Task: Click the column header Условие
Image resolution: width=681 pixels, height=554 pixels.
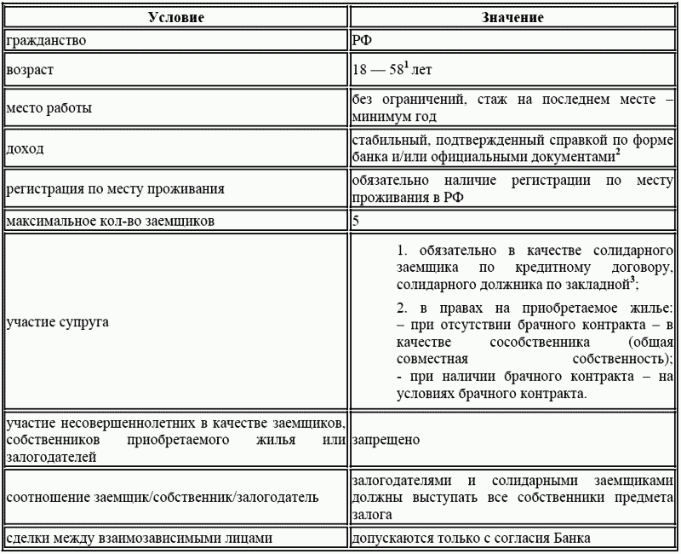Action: pos(175,17)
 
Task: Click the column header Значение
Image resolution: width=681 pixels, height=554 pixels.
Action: pos(512,17)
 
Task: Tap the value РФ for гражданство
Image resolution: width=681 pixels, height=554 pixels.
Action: pos(362,40)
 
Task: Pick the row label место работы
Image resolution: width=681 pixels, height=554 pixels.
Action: pos(49,109)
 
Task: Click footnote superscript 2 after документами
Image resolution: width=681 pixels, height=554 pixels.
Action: pos(617,153)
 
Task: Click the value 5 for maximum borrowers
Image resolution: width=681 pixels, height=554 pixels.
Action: pos(356,222)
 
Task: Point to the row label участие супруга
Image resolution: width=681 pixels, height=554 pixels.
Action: pos(57,323)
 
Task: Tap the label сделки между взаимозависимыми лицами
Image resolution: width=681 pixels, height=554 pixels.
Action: pos(139,538)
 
